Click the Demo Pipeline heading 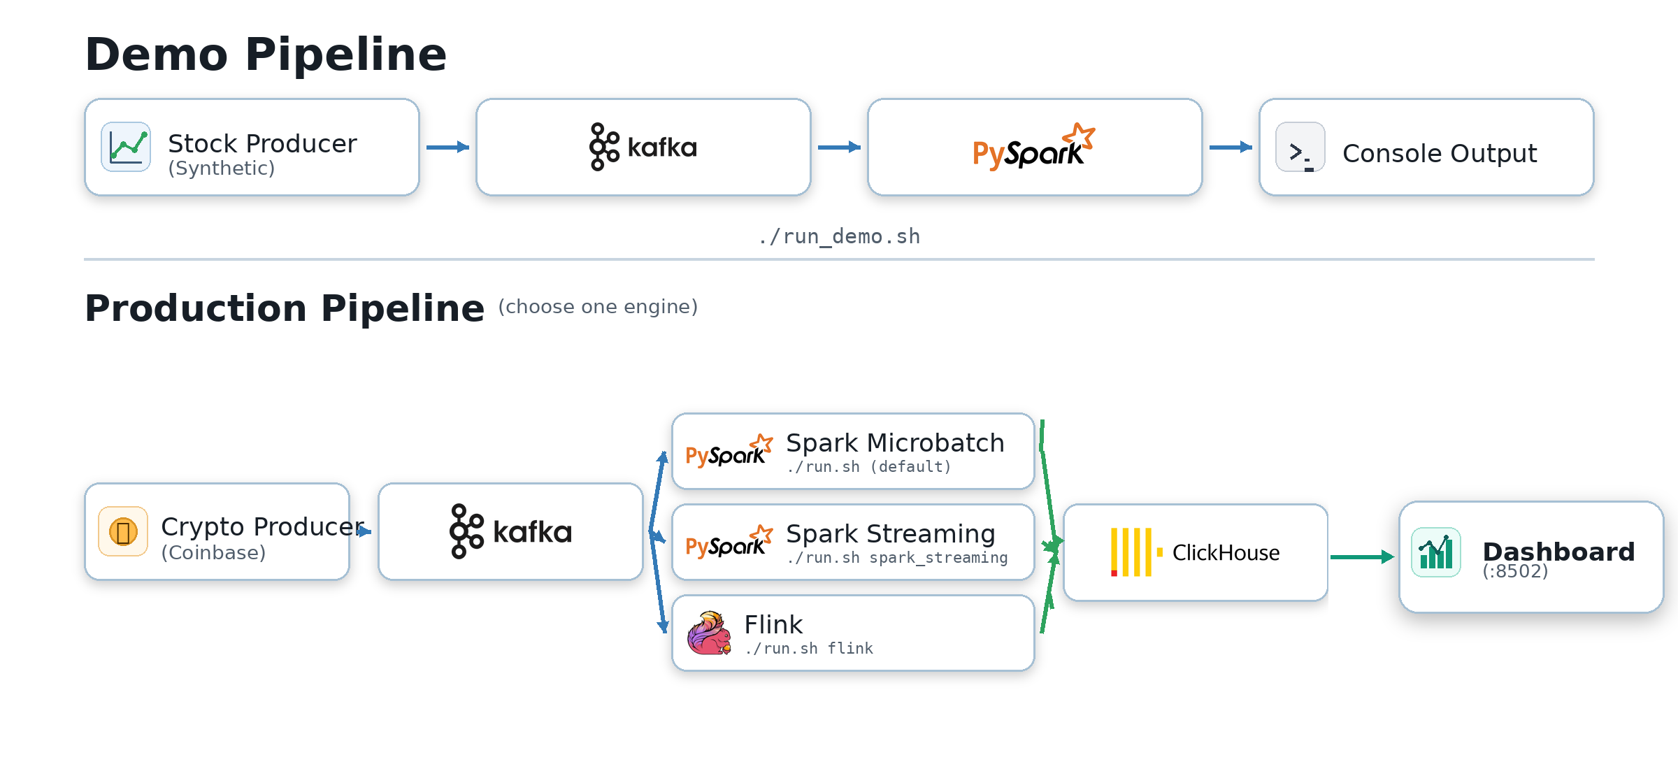point(266,55)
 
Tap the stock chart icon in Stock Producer point(126,147)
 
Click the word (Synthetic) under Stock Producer point(221,168)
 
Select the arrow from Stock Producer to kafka point(447,147)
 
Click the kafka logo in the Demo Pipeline point(643,147)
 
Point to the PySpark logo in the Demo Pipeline point(1033,148)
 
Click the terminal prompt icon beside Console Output point(1300,148)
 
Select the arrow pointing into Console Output point(1231,147)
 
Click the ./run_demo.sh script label point(839,236)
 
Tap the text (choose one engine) point(598,307)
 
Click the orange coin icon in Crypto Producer point(123,532)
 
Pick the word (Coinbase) point(213,553)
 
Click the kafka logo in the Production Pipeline point(510,532)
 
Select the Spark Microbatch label point(895,443)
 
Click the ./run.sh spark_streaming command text point(896,558)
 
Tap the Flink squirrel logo point(709,633)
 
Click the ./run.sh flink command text point(808,649)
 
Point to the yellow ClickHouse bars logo point(1133,552)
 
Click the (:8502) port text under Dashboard point(1515,572)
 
